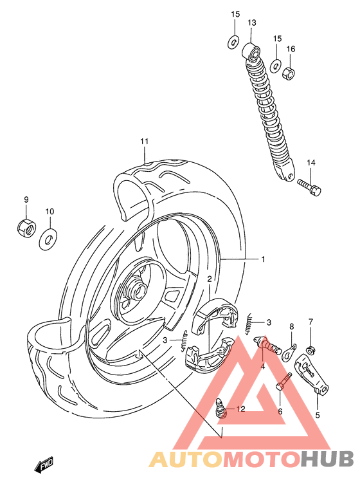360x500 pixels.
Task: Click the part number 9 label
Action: point(26,199)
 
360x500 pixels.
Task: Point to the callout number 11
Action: point(145,142)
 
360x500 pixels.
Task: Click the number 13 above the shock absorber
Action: point(251,23)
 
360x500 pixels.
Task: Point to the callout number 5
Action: point(317,415)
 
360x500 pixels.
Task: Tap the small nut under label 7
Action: point(311,349)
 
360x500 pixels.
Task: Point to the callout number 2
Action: point(210,279)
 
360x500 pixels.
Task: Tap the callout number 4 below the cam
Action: point(263,367)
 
